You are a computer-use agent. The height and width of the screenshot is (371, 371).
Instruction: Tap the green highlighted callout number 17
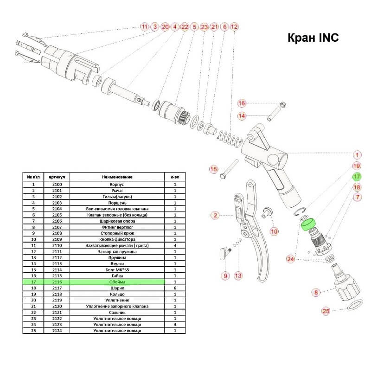(357, 177)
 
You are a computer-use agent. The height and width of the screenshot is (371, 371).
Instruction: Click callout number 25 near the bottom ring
(326, 311)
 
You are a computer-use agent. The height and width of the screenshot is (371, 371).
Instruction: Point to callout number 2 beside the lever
(215, 215)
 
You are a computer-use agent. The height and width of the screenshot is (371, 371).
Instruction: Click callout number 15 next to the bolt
(213, 169)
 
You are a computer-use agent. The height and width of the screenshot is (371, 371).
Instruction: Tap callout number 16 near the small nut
(241, 102)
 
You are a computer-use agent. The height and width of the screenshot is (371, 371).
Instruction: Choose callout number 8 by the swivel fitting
(316, 293)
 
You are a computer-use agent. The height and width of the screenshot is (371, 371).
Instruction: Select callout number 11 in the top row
(144, 27)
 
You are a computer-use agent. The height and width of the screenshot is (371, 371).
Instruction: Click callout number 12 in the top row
(234, 27)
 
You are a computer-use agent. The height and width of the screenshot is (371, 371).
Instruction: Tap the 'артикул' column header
(63, 177)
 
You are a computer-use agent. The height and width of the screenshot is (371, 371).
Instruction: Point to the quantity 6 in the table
(175, 288)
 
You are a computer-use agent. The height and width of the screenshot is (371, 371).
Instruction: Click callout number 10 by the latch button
(274, 231)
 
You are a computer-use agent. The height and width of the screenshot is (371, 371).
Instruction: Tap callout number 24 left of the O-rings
(291, 259)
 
